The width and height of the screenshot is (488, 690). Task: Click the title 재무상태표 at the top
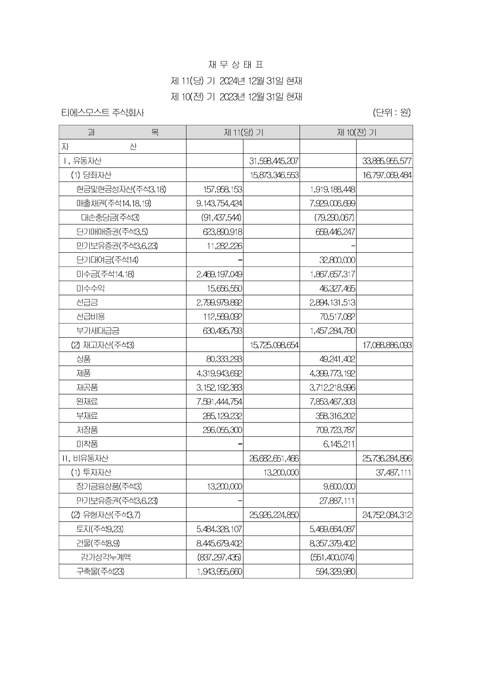(x=235, y=65)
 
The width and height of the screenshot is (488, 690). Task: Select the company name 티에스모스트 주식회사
(x=102, y=113)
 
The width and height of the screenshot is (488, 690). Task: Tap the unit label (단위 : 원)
(x=391, y=112)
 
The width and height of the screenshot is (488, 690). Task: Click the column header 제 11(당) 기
(x=243, y=132)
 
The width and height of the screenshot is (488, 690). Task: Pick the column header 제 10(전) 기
(x=356, y=132)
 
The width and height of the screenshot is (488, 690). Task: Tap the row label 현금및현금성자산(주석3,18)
(x=121, y=189)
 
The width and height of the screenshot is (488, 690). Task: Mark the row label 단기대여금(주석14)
(x=107, y=260)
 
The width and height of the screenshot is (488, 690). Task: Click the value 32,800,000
(x=337, y=260)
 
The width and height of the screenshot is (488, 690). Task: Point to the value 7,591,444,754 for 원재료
(x=219, y=402)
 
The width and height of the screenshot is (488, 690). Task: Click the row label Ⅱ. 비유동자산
(x=85, y=458)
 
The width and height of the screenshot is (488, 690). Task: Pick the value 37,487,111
(x=393, y=472)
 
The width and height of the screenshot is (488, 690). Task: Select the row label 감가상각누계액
(x=106, y=557)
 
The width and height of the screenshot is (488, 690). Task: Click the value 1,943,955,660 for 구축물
(x=219, y=572)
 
